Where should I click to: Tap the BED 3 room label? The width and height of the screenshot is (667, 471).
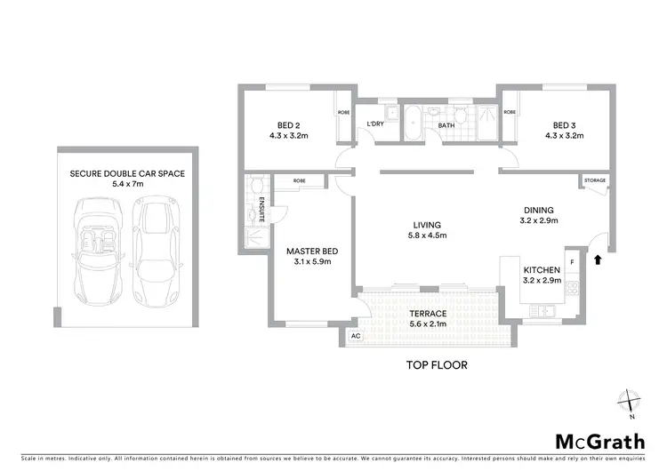[564, 124]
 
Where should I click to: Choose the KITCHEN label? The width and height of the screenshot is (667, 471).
[541, 269]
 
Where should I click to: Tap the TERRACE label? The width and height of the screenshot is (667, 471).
[428, 315]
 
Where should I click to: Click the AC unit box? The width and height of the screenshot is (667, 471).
[355, 337]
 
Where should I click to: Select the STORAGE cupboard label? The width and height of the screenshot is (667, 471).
[595, 180]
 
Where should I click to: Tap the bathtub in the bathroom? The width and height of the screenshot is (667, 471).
[413, 124]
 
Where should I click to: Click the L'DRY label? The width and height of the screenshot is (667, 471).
[374, 124]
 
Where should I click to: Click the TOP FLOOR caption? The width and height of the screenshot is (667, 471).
[437, 364]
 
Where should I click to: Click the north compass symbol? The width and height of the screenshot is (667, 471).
[631, 401]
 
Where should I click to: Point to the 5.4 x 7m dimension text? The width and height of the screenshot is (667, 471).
[127, 184]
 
